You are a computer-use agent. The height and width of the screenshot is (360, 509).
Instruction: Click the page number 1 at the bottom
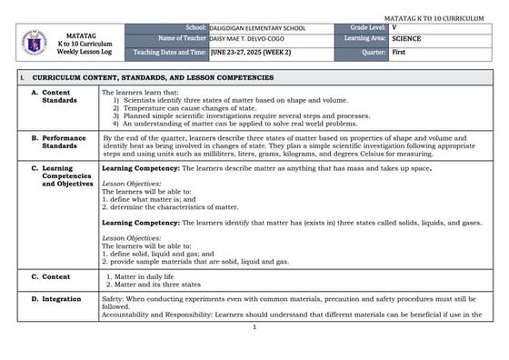point(254,326)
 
